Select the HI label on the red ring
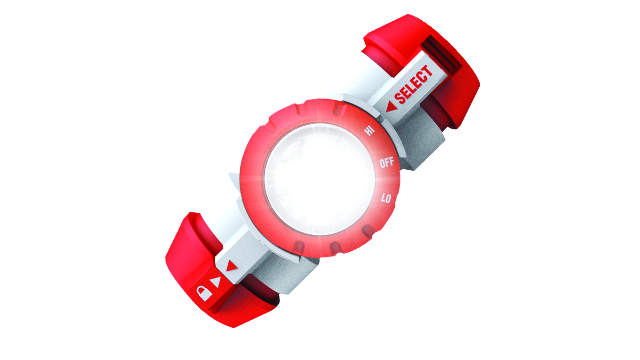coord(369,130)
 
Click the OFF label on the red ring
coord(387,163)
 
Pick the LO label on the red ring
coord(386,198)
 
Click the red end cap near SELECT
coord(450,89)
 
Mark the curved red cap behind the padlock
coord(188,262)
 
